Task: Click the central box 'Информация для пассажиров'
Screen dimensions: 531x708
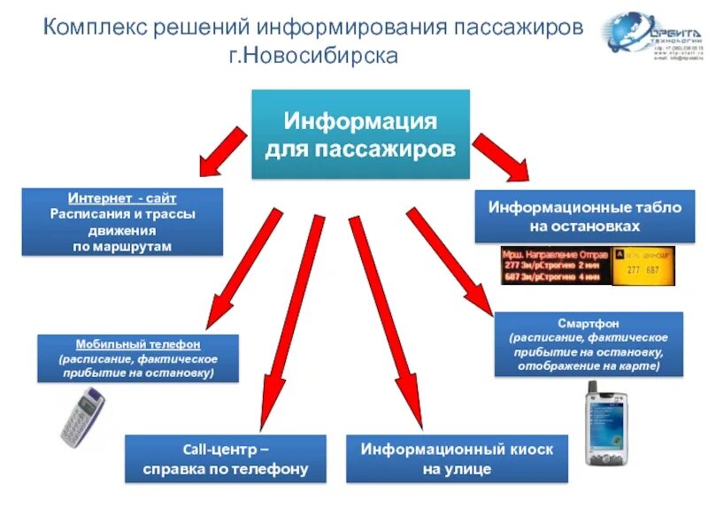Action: [361, 134]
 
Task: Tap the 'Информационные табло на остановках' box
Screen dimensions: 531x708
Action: [585, 217]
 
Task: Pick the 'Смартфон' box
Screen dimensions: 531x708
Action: [588, 344]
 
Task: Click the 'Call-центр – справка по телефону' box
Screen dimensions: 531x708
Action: [225, 458]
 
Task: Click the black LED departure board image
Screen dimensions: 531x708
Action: [552, 265]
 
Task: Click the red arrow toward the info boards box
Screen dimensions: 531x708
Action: [500, 155]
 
